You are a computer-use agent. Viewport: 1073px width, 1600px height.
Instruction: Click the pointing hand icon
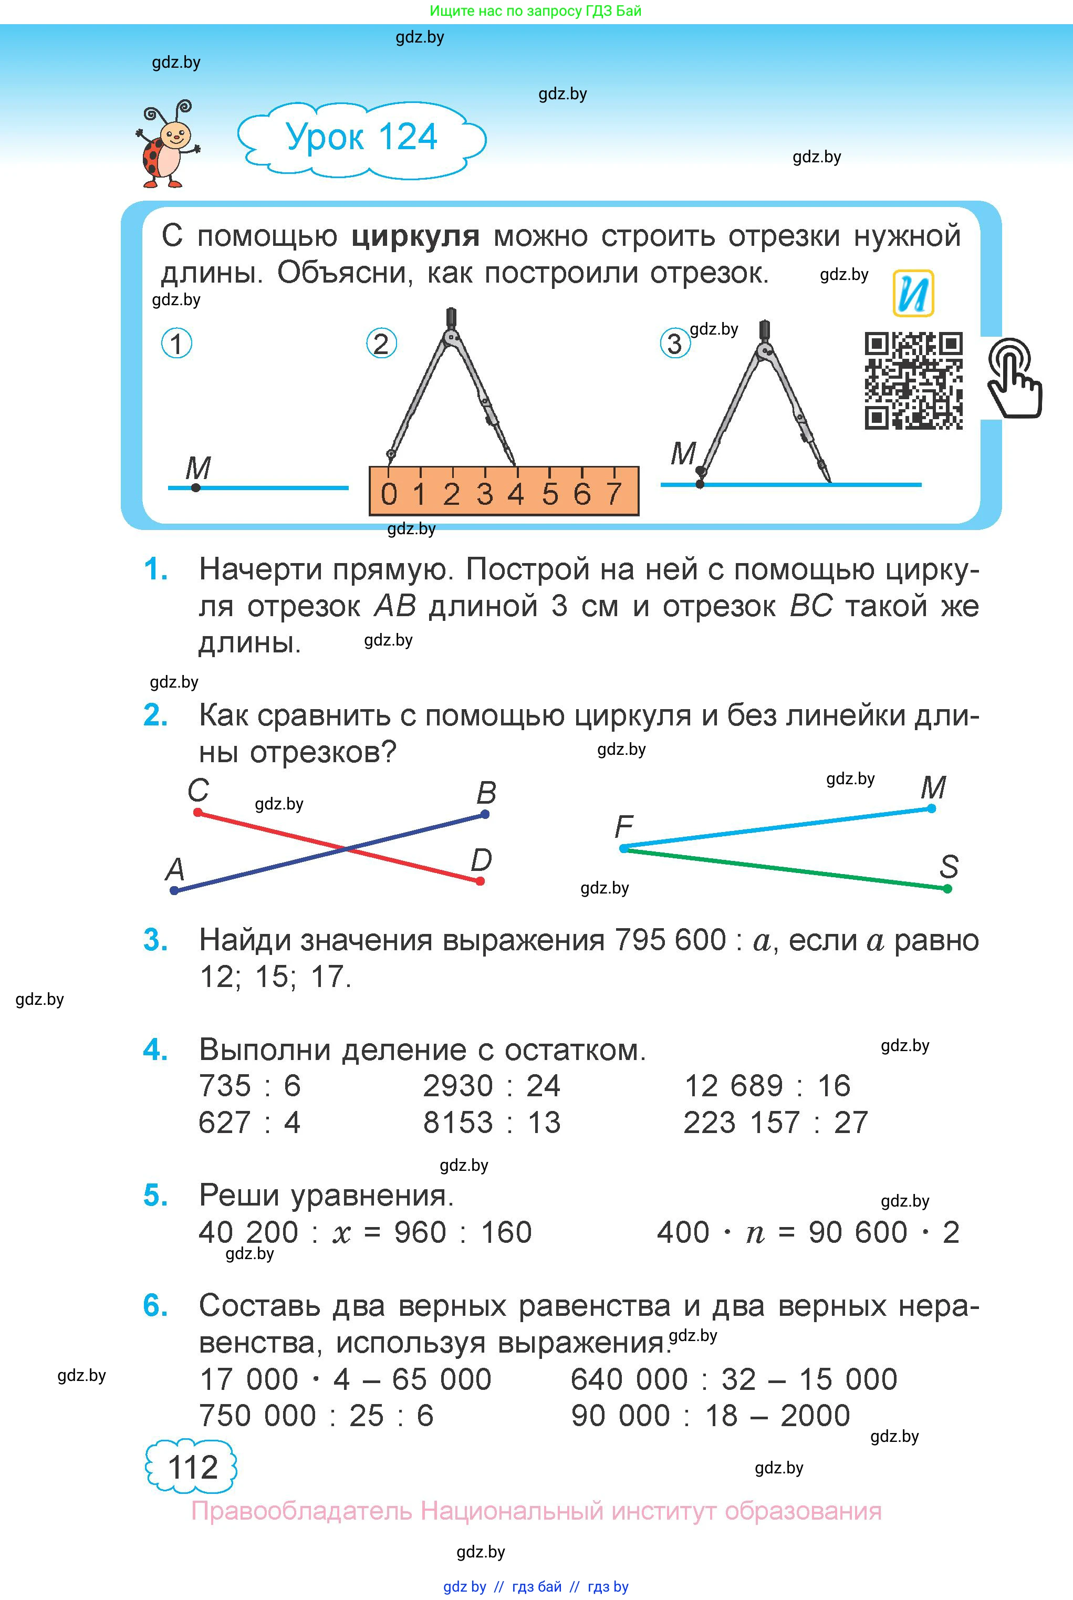pyautogui.click(x=1014, y=378)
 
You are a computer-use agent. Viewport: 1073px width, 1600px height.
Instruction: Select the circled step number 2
pyautogui.click(x=381, y=344)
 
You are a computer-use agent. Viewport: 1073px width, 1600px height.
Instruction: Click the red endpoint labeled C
pyautogui.click(x=198, y=812)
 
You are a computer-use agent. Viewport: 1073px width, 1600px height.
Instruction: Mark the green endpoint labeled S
pyautogui.click(x=947, y=889)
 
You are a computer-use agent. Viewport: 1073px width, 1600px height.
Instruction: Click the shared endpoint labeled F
pyautogui.click(x=623, y=849)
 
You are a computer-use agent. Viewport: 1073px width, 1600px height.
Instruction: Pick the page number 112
pyautogui.click(x=192, y=1467)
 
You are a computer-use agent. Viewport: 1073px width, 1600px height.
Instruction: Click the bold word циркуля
pyautogui.click(x=415, y=236)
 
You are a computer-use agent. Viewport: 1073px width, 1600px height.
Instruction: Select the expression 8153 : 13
pyautogui.click(x=492, y=1123)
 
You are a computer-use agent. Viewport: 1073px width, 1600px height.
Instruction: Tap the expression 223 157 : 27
pyautogui.click(x=775, y=1123)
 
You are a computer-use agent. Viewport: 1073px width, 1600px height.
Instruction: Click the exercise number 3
pyautogui.click(x=155, y=940)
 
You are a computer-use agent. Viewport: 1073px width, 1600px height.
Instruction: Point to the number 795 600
pyautogui.click(x=670, y=940)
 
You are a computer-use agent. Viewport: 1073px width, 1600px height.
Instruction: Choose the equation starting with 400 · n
pyautogui.click(x=807, y=1232)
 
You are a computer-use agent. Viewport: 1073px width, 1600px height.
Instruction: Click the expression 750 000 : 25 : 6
pyautogui.click(x=316, y=1415)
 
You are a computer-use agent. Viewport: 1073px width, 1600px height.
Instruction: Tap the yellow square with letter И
pyautogui.click(x=913, y=294)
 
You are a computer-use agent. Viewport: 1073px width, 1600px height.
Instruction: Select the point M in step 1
pyautogui.click(x=196, y=488)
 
